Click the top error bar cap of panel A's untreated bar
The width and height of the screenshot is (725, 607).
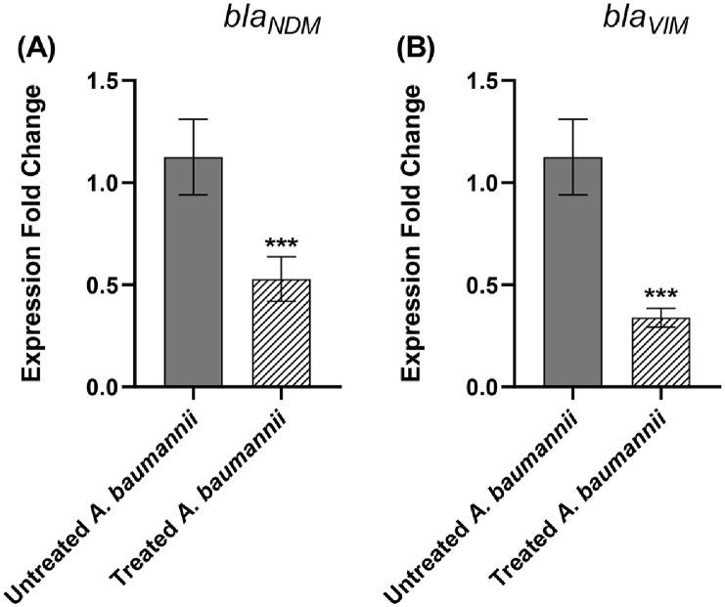(193, 119)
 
